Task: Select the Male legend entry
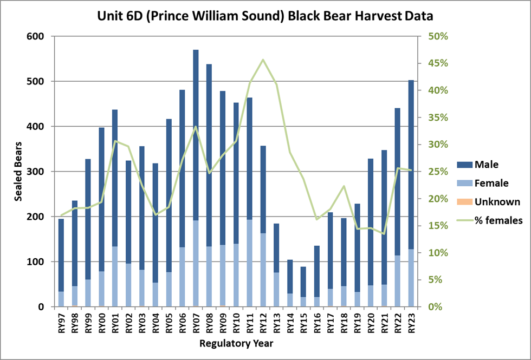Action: click(486, 164)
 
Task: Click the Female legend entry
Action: click(491, 183)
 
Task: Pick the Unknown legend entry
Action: click(496, 202)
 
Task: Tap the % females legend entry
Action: click(498, 220)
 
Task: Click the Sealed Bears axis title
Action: click(17, 172)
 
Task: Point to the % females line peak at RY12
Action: click(263, 60)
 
